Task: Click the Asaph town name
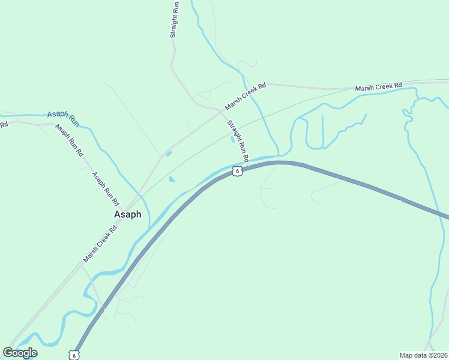(x=128, y=214)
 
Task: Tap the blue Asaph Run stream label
(x=63, y=118)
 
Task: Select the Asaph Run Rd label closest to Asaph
(x=105, y=188)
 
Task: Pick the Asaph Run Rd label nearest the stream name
(x=68, y=140)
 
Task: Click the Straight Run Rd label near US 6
(x=238, y=142)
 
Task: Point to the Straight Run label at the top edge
(x=174, y=20)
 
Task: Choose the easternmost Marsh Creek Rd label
(x=378, y=88)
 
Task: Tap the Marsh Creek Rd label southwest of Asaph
(x=100, y=241)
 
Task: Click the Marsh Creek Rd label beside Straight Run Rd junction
(x=245, y=97)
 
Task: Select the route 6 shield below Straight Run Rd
(x=238, y=172)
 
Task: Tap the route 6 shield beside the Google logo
(x=73, y=355)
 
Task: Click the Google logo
(x=20, y=353)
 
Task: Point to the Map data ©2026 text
(x=424, y=355)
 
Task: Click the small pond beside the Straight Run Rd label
(x=233, y=140)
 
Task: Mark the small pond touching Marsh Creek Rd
(x=169, y=154)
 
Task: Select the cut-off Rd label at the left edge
(x=4, y=124)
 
